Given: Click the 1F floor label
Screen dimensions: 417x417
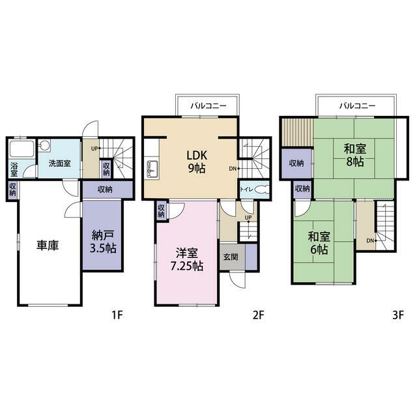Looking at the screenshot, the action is coord(117,315).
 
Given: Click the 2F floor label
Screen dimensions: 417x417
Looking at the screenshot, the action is coord(259,315).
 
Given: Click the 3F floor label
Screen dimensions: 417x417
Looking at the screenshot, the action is coord(398,315).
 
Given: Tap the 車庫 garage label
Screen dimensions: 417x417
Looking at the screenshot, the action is coord(48,245).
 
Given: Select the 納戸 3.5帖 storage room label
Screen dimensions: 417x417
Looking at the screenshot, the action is coord(103,242).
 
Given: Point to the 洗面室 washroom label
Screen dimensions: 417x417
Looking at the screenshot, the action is coord(59,164).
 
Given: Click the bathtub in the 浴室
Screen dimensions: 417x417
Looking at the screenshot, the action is coord(22,149).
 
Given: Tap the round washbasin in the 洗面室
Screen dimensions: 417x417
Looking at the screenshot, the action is coord(44,145).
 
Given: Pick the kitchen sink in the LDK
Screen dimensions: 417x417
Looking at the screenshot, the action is coord(152,169).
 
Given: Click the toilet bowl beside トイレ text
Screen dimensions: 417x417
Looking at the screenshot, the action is coord(262,190).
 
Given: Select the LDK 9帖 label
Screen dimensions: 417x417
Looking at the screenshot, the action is coord(197,162).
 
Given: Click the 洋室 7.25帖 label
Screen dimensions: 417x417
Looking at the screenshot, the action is coord(187,260).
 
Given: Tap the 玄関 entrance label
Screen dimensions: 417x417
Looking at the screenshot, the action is coord(231,257).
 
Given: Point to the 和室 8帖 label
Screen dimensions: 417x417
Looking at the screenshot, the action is coord(355,155).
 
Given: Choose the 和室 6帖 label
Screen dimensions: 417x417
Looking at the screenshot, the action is coord(319,243).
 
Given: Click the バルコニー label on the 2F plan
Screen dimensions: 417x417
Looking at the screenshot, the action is coord(208,106).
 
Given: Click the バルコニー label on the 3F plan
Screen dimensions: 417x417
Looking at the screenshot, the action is coord(357,106).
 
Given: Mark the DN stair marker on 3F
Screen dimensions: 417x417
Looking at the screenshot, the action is coord(371,240).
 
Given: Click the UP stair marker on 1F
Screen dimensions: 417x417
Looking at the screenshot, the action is coord(95,149).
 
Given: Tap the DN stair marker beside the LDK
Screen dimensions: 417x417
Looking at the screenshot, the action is coord(233,168).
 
